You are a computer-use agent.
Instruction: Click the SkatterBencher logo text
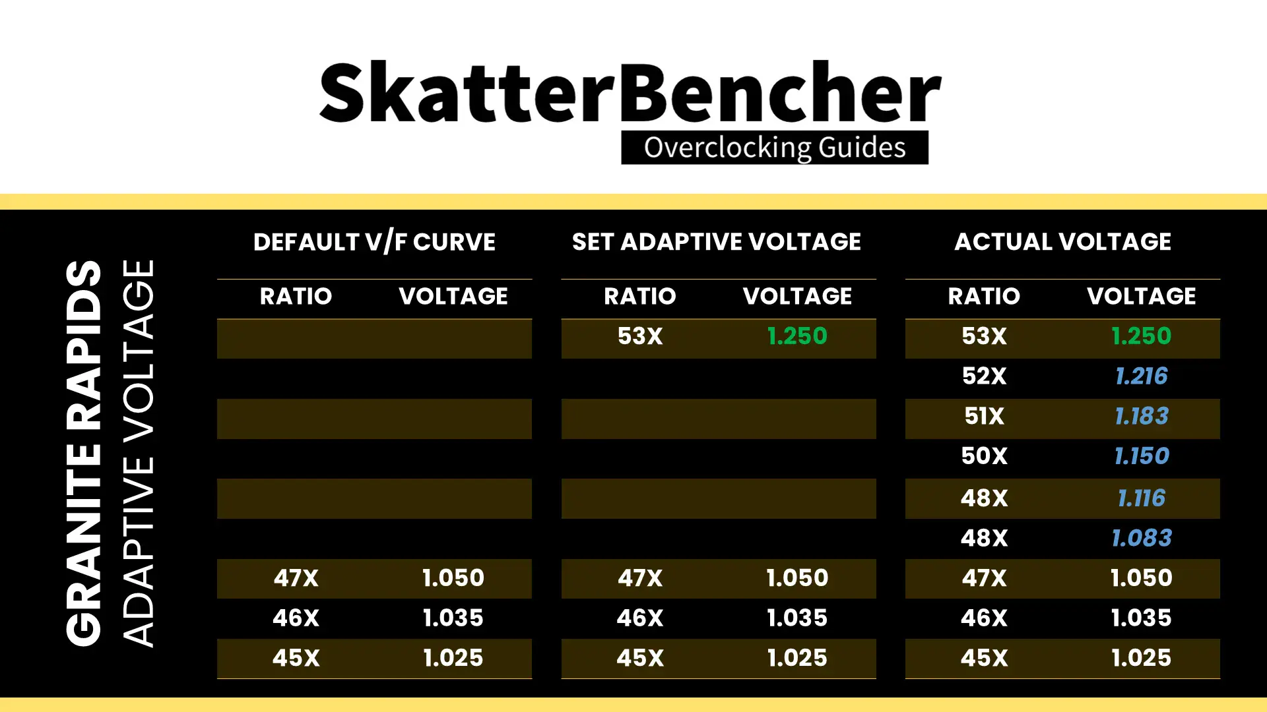[630, 92]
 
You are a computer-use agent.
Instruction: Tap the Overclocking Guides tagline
[775, 147]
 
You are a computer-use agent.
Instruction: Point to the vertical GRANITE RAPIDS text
[84, 453]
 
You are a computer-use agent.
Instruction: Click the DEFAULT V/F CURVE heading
[374, 242]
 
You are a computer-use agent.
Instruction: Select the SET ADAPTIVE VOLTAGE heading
[717, 242]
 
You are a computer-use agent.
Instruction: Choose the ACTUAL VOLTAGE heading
[1062, 242]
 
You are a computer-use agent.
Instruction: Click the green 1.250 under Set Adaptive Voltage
[797, 336]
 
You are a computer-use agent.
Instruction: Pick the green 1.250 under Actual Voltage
[1142, 336]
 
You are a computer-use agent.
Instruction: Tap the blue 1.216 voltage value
[1142, 376]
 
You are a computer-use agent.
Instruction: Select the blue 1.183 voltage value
[1142, 417]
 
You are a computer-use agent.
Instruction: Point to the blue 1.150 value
[1142, 456]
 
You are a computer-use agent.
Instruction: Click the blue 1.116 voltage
[1142, 498]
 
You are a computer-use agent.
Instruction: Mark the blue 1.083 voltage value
[1142, 539]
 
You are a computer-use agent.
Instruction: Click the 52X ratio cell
[984, 376]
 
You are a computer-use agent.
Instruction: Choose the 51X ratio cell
[984, 417]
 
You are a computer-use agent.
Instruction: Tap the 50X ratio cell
[984, 456]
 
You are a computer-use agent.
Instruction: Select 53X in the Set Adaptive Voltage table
[640, 336]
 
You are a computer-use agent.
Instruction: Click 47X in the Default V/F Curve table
[296, 578]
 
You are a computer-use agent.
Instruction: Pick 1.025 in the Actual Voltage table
[1142, 658]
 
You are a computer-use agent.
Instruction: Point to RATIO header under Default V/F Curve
[296, 296]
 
